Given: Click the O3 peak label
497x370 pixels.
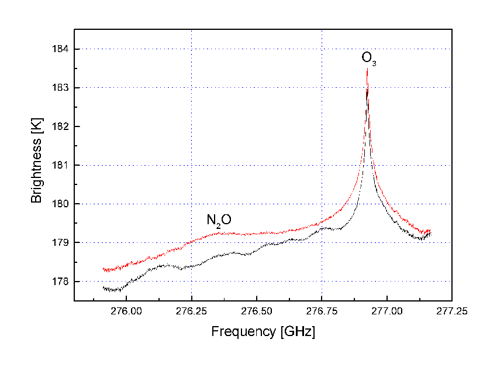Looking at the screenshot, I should (x=368, y=58).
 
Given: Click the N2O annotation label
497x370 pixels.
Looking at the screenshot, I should (x=219, y=220).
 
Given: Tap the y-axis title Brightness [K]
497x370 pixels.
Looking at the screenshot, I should (x=37, y=165).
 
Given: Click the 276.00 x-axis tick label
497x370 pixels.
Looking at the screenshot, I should (x=126, y=311).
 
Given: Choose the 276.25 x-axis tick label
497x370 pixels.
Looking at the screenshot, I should (x=191, y=311).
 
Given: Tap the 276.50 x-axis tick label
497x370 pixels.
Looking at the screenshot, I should (x=257, y=311).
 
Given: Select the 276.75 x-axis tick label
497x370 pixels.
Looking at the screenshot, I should (x=322, y=311).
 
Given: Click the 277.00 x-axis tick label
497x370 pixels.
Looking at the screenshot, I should (x=387, y=311).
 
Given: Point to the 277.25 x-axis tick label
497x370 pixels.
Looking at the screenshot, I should (x=452, y=311).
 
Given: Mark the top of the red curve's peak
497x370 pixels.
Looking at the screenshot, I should (x=367, y=68).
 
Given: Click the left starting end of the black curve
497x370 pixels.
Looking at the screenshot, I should (x=103, y=287).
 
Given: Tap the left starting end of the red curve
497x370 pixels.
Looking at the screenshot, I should (x=103, y=269).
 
